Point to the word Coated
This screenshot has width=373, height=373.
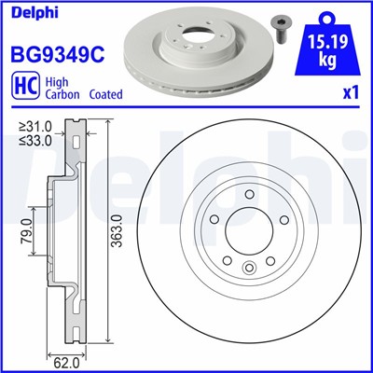click(104, 95)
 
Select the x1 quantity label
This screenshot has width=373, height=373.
click(349, 94)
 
